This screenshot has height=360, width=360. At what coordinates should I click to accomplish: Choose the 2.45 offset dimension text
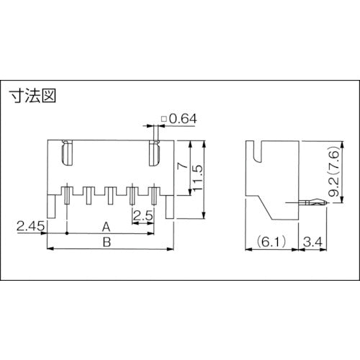point(31,227)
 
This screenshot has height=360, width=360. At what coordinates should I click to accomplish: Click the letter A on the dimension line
point(107,225)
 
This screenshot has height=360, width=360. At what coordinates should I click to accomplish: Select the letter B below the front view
point(107,243)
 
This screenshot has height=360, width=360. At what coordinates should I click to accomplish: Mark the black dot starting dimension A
point(67,234)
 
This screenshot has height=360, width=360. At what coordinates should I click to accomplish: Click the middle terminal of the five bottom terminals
point(110,194)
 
